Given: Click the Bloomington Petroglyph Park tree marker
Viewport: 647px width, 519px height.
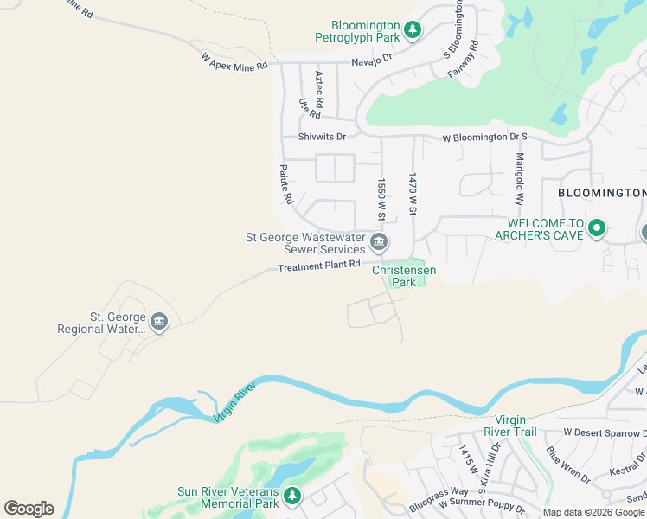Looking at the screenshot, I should [413, 31].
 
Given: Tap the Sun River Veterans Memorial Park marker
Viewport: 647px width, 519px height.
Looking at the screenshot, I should [292, 495].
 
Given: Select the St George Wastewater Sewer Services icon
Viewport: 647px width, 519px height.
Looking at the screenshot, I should [378, 241].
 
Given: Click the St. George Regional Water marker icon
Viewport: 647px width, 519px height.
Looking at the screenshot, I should [158, 323].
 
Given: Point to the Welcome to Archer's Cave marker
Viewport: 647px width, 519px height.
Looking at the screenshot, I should [596, 228].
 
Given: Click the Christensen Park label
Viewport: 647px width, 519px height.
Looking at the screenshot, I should [404, 276].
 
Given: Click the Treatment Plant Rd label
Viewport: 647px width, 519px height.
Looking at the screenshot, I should [318, 266].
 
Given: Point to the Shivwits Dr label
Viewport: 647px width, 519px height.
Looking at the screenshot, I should [322, 137].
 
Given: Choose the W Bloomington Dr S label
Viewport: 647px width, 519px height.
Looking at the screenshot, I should [484, 138].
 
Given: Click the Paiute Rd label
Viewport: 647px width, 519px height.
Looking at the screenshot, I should [285, 184].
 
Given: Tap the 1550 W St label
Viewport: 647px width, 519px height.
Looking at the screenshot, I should [380, 199].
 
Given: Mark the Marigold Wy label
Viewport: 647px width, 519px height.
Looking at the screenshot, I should [520, 177].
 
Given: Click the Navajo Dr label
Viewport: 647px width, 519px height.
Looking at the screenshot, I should [372, 61].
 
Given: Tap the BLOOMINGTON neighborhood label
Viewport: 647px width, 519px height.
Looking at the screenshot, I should [601, 192].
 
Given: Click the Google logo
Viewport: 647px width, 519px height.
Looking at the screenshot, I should [29, 508].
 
